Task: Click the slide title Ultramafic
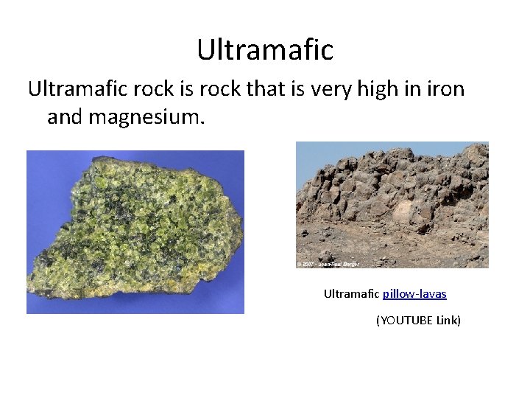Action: coord(265,50)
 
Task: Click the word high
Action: coord(381,90)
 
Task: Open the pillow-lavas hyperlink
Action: coord(414,293)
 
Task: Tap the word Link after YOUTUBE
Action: coord(447,321)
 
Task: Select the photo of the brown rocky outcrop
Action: coord(392,205)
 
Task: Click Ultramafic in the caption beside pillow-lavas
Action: coord(351,293)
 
